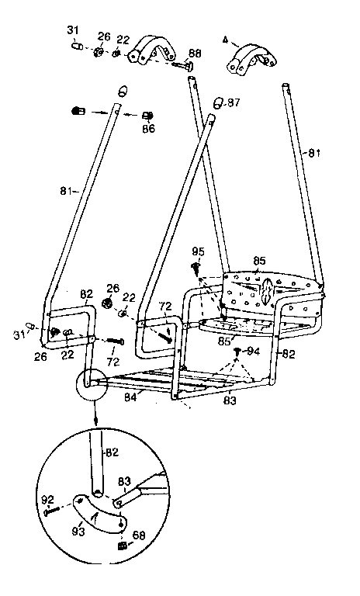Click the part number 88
tap(194, 54)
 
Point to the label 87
tap(233, 103)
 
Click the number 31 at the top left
tap(73, 30)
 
